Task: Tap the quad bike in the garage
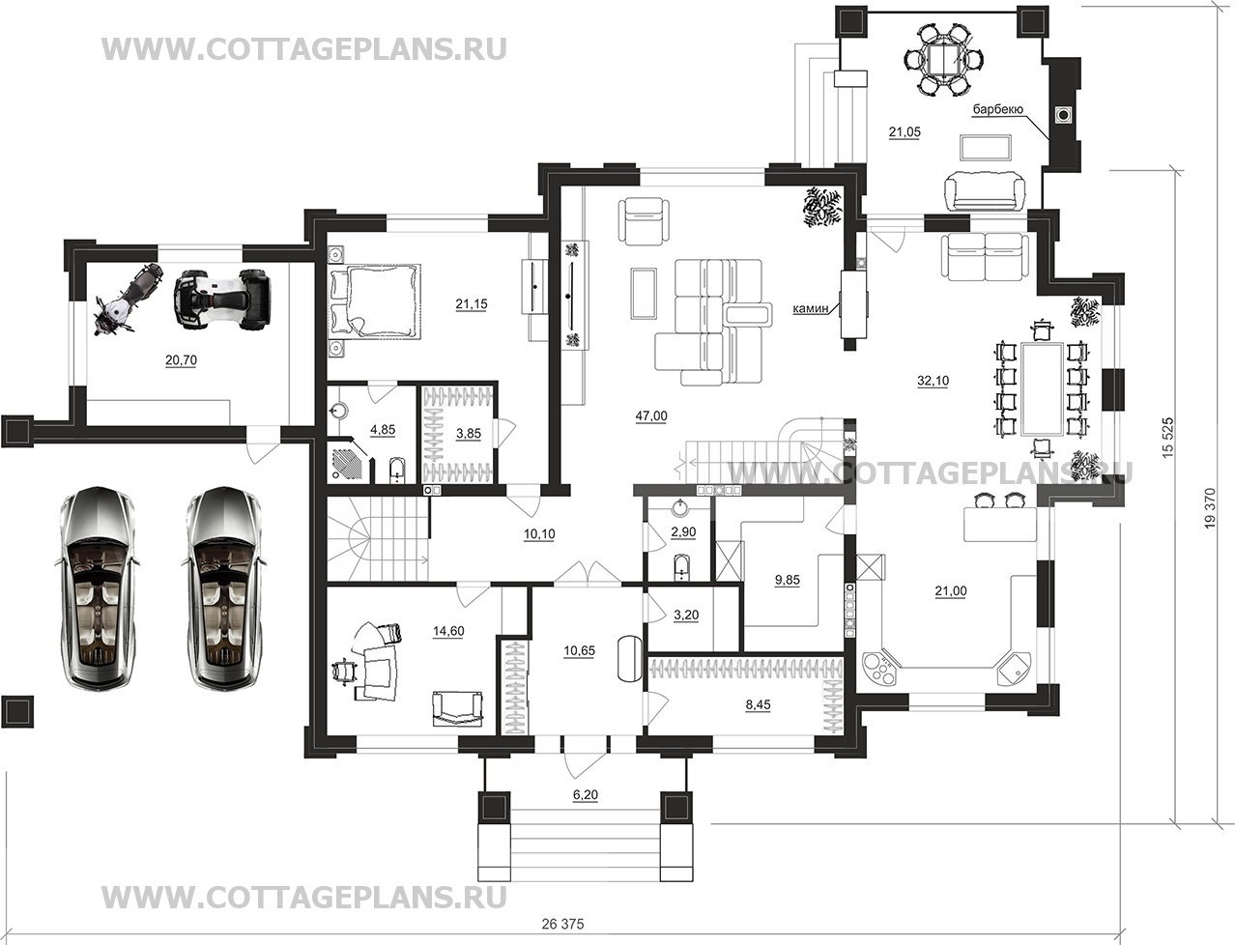point(222,299)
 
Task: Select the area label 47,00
point(651,416)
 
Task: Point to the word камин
point(811,308)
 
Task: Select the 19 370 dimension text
point(1210,507)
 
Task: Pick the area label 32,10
point(933,381)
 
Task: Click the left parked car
point(97,587)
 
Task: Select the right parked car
point(221,587)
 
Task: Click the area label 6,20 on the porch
point(586,795)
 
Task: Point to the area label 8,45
point(758,704)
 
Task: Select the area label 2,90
point(683,531)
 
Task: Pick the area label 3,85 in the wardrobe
point(468,433)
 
